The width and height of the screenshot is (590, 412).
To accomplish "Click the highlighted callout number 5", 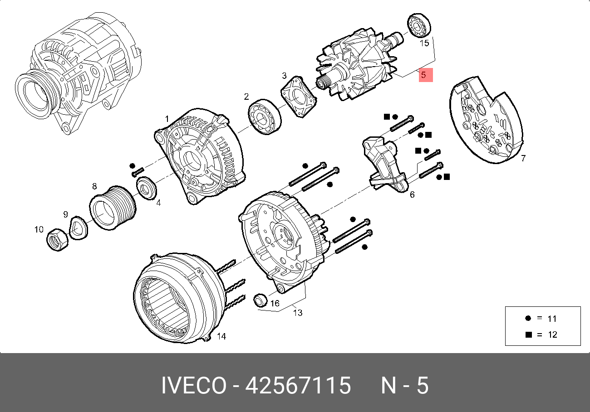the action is coord(423,75).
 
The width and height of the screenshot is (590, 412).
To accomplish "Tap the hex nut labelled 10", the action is coord(57,239).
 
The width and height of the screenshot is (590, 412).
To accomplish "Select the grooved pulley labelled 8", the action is coord(113,208).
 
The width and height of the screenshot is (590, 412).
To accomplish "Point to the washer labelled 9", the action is coord(79,228).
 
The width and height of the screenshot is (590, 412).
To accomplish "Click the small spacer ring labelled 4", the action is coord(147,188).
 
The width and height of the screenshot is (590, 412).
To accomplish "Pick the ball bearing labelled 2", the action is coord(265,116).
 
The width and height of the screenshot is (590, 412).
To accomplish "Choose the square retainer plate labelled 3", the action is coord(299,97).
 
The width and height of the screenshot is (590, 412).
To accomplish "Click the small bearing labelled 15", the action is coord(419,25).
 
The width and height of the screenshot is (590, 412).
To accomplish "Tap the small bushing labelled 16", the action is coord(260,301).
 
